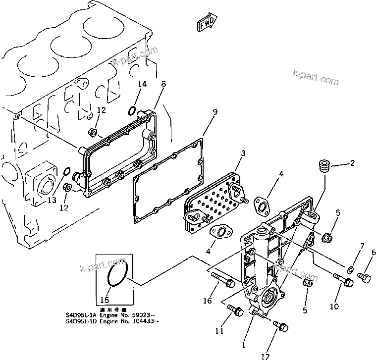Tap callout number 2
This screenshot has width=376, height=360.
click(x=352, y=163)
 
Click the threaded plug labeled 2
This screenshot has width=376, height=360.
click(x=324, y=165)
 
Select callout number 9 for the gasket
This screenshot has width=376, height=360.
click(x=215, y=112)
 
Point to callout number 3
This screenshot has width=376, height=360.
click(x=243, y=154)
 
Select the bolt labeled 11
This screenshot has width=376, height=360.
click(x=234, y=311)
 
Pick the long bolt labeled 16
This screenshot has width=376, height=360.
click(x=220, y=279)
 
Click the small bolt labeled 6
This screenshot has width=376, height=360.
click(x=364, y=278)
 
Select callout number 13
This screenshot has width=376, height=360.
click(x=51, y=200)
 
